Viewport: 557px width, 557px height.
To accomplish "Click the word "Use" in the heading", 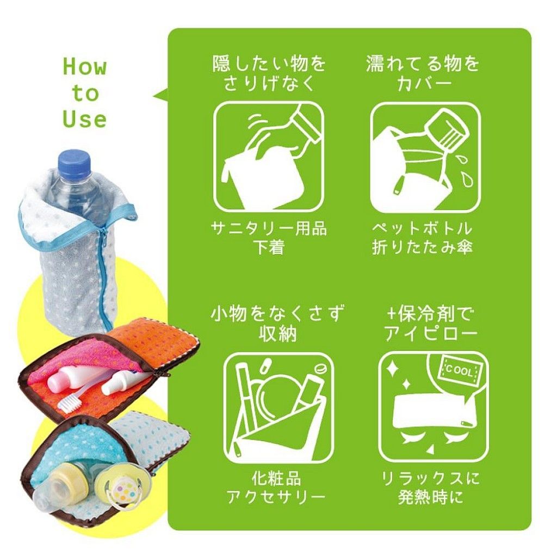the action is click(x=85, y=119).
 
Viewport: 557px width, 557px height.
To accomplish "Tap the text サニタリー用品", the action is click(x=269, y=228).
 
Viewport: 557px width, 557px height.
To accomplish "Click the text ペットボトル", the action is click(x=422, y=228).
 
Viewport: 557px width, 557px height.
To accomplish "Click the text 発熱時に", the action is click(x=430, y=497).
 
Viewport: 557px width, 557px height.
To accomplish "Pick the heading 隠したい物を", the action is click(x=269, y=64).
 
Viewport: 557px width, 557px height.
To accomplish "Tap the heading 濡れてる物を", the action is click(x=423, y=64).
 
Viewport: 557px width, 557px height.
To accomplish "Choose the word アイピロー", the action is click(x=431, y=334).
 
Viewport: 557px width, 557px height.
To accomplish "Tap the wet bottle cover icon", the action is click(x=425, y=158).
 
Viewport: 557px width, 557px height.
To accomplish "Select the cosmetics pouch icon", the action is click(x=278, y=407).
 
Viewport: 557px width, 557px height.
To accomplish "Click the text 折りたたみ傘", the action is click(x=422, y=247).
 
